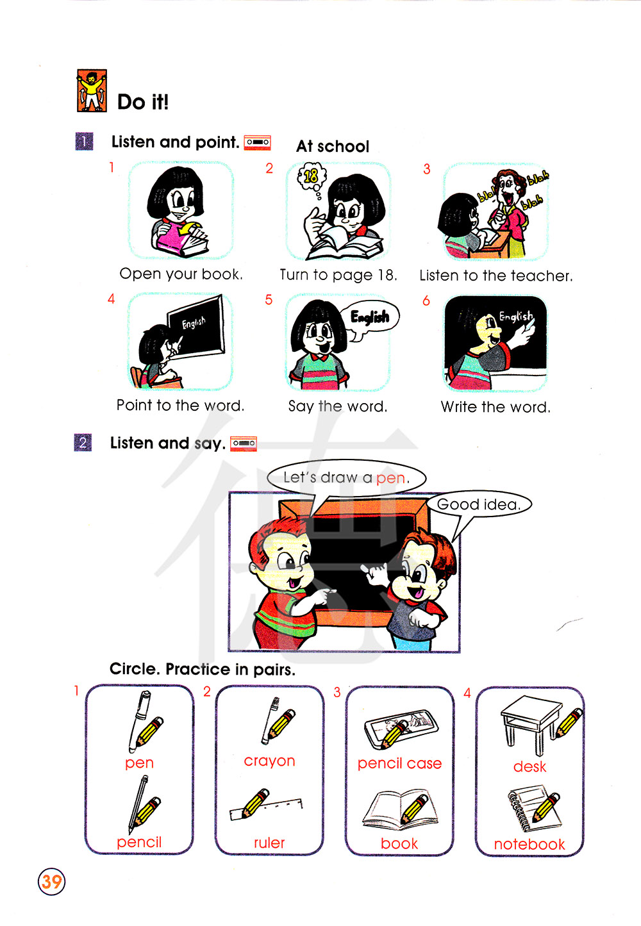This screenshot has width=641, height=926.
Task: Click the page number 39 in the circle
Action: [x=51, y=881]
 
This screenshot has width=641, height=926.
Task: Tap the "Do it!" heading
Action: [x=143, y=102]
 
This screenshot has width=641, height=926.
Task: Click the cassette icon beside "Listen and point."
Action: [x=257, y=142]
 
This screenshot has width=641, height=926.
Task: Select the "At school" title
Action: [x=333, y=146]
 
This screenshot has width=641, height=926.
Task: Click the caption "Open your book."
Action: [x=181, y=274]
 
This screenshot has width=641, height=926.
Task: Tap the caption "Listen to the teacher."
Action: [x=496, y=276]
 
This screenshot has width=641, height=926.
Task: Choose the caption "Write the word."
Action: [x=495, y=407]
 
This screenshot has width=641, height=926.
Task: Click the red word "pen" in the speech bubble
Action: [x=390, y=478]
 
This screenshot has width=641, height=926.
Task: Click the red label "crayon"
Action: [x=269, y=761]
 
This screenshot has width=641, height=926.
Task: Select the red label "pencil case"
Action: [x=399, y=763]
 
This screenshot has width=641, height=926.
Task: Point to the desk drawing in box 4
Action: [x=531, y=724]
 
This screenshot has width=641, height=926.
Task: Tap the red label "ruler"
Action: [x=269, y=843]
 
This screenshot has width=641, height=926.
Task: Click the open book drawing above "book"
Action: [x=400, y=809]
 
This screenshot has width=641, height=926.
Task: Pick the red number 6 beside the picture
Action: [x=426, y=301]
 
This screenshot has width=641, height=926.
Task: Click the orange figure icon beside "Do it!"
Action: [x=92, y=90]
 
